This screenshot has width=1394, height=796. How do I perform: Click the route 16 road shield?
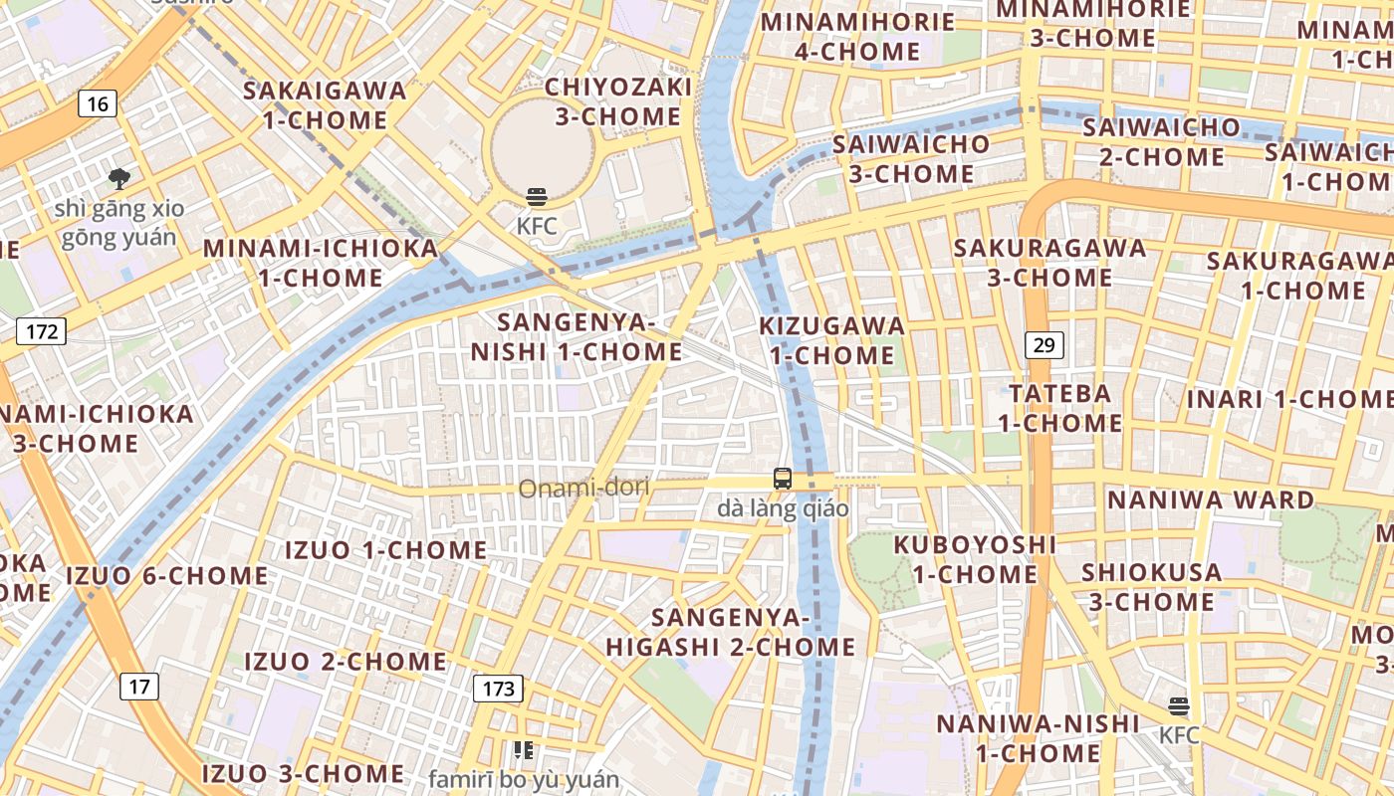coord(97,103)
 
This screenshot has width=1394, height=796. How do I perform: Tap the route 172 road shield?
coord(41,331)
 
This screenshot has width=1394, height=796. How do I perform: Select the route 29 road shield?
coord(1044,345)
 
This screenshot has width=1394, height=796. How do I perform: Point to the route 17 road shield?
coord(140,686)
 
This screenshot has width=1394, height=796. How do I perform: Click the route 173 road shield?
coord(498,688)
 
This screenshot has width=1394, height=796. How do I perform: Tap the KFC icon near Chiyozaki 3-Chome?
coord(537,197)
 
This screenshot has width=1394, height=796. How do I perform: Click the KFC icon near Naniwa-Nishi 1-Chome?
coord(1179,706)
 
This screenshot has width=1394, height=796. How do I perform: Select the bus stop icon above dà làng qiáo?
coord(783,479)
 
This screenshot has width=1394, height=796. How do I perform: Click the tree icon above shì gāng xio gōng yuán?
coord(119,179)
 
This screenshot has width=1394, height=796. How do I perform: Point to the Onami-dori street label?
coord(583,488)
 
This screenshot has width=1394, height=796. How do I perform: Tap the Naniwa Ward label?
coord(1211,499)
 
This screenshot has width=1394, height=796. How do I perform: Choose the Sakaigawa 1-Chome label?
coord(326,105)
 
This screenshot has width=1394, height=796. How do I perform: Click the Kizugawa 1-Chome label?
coord(832,340)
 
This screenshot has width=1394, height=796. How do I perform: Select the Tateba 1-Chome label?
coord(1060,408)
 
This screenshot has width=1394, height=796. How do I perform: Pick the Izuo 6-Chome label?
coord(166,575)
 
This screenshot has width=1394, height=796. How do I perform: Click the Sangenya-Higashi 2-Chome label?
coord(731,632)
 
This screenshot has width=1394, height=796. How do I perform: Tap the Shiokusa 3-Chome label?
coord(1152,587)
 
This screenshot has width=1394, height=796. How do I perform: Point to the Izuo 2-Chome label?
coord(346,661)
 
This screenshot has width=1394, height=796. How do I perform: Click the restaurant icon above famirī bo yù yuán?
coord(523,749)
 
